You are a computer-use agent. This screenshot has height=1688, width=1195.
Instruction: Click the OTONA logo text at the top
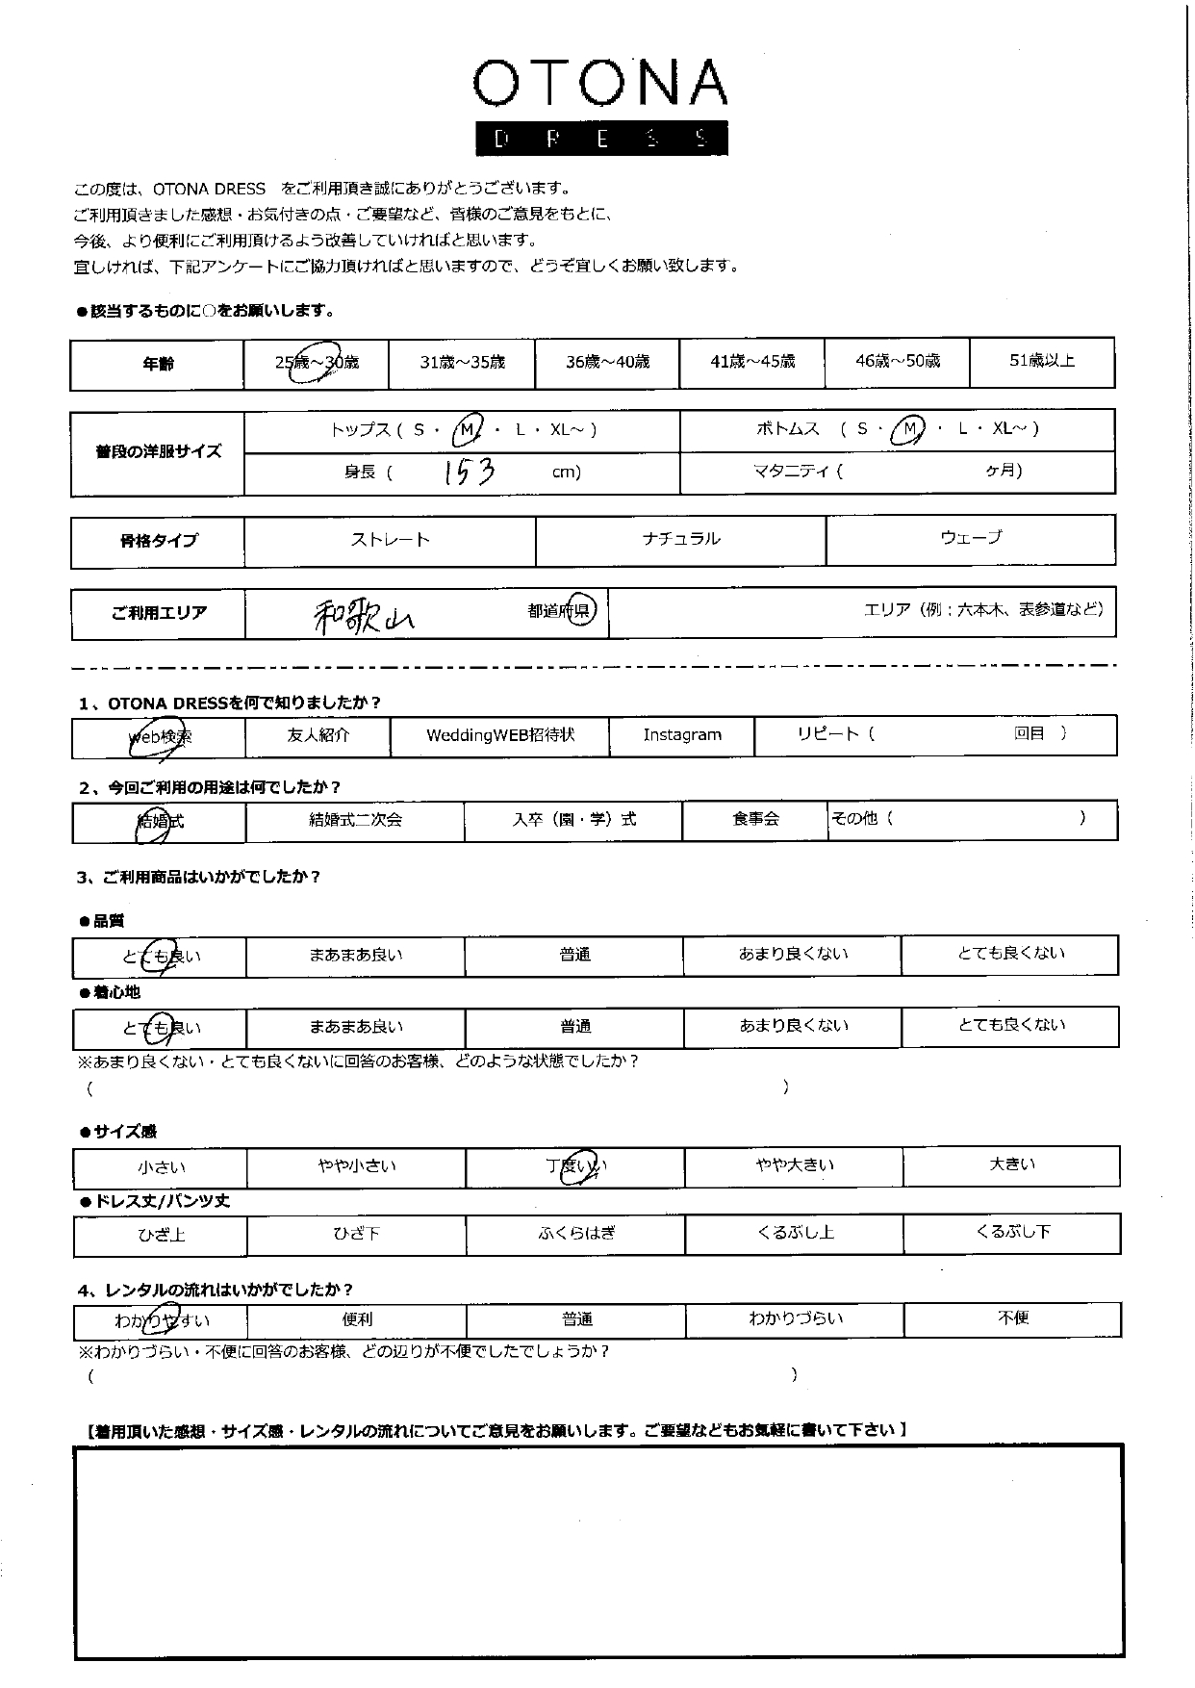click(599, 85)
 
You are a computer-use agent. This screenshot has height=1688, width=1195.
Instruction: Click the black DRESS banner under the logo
click(601, 139)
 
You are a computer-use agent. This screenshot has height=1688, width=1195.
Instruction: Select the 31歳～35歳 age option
click(462, 363)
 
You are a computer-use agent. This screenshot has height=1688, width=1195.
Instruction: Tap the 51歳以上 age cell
click(1041, 361)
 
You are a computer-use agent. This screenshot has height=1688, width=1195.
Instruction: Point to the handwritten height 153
click(470, 472)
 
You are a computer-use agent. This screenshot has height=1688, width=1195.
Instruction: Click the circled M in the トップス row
click(467, 430)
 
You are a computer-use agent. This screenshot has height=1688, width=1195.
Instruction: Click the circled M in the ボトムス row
click(906, 429)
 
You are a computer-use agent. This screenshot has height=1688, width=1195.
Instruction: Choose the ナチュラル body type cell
click(680, 539)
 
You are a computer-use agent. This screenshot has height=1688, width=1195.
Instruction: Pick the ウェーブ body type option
click(970, 538)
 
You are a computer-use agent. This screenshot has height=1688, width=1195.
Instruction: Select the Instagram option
click(681, 735)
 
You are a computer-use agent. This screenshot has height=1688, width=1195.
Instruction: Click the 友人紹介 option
click(318, 735)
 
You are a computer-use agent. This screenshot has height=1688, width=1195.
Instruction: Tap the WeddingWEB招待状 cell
click(499, 735)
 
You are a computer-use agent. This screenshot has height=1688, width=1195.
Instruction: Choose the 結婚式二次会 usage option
click(355, 820)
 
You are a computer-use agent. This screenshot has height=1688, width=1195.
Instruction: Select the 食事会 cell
click(755, 820)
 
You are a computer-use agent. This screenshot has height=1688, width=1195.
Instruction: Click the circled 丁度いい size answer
click(576, 1166)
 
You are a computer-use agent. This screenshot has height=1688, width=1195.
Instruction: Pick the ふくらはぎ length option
click(575, 1234)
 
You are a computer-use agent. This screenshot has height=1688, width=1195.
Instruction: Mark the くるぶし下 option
click(1011, 1232)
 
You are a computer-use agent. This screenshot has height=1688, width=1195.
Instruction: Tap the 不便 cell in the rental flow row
click(1013, 1318)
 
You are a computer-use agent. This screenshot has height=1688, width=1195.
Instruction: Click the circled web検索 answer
click(160, 737)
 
